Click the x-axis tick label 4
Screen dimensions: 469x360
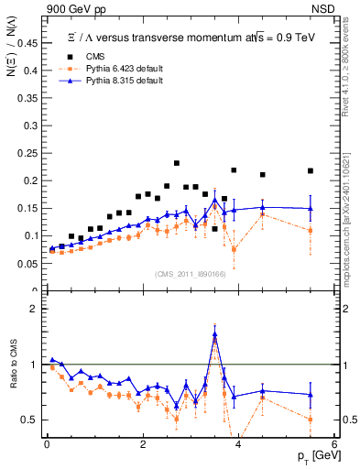[x=238, y=443]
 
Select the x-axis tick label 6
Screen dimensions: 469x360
[x=334, y=443]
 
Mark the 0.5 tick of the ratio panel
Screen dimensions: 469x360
[x=37, y=420]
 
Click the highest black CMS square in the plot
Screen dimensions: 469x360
[x=176, y=163]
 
